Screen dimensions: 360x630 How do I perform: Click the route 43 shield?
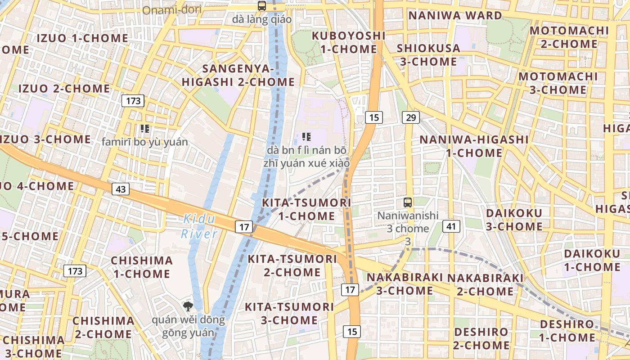[x=121, y=189]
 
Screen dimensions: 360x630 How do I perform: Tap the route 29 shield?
[x=410, y=117]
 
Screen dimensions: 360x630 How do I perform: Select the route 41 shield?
[x=451, y=226]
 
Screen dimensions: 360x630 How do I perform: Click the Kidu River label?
[x=199, y=226]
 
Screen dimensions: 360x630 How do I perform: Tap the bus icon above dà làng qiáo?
[x=261, y=6]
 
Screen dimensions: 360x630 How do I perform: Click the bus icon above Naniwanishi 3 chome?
[x=408, y=202]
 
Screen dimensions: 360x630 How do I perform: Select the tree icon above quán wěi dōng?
[x=188, y=307]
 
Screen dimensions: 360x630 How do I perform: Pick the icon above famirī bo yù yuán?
[x=144, y=129]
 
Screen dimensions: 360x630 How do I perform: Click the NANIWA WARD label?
[x=455, y=15]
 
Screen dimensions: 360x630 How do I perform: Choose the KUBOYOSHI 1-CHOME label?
[x=349, y=42]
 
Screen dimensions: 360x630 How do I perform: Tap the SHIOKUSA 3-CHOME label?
[x=428, y=54]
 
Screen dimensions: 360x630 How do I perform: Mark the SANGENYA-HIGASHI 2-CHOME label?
[x=238, y=75]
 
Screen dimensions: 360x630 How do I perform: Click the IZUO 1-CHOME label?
[x=82, y=38]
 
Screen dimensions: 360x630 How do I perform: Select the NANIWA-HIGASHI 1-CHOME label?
[x=474, y=146]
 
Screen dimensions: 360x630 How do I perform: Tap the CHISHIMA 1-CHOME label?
[x=142, y=267]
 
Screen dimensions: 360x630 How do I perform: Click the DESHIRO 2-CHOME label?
[x=481, y=339]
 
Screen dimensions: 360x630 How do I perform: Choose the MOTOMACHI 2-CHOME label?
[x=569, y=37]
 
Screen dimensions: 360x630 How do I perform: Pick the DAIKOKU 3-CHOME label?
[x=514, y=219]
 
